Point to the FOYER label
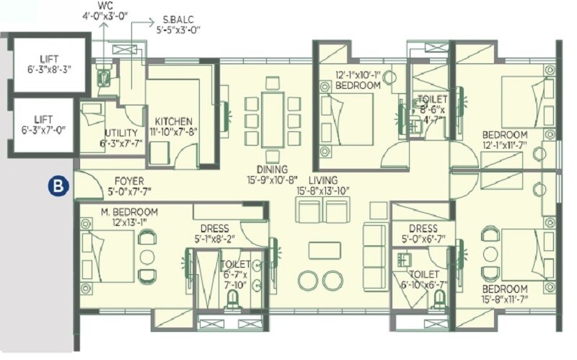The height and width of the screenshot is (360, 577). (x=130, y=181)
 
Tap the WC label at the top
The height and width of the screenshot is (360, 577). (x=107, y=5)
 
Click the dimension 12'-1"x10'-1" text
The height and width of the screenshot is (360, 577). (x=358, y=74)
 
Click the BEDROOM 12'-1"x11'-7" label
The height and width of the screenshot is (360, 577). (x=504, y=140)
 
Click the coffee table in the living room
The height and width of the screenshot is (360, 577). (x=325, y=250)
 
